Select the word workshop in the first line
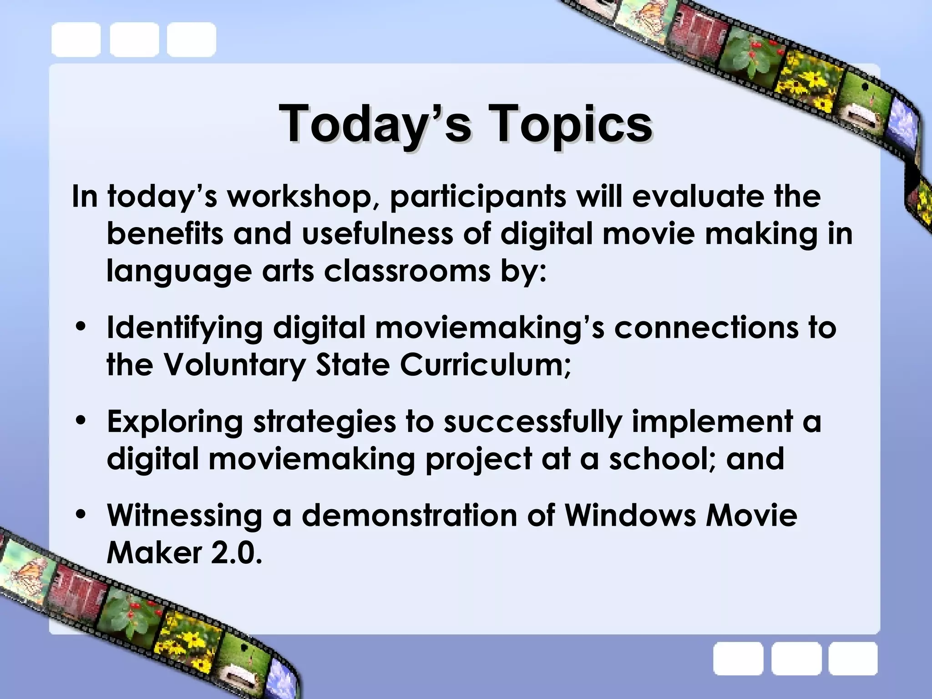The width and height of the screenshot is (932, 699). [x=301, y=197]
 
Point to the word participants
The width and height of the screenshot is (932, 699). [x=478, y=197]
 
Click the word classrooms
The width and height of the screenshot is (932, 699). [x=407, y=271]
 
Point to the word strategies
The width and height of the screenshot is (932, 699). [x=324, y=421]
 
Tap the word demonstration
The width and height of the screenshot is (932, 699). [x=410, y=515]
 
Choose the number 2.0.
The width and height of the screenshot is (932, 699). [x=237, y=553]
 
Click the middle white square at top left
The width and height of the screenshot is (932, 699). [x=134, y=40]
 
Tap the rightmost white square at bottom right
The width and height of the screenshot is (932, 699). [x=852, y=658]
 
